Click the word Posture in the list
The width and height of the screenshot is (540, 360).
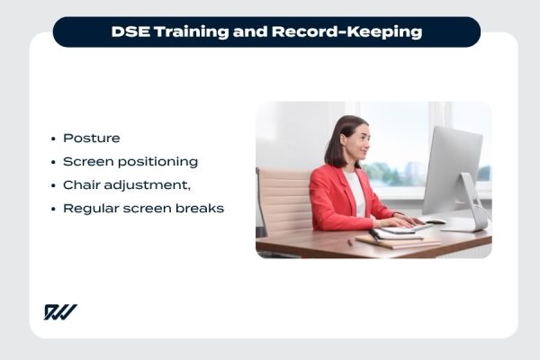coord(91,139)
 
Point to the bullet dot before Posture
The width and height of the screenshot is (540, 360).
coord(53,139)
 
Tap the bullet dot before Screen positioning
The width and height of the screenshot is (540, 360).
coord(53,162)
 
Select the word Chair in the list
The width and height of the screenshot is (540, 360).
coord(81,185)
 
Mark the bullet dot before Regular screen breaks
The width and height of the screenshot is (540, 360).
coord(53,209)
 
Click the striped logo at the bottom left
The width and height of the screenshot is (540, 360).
coord(60,312)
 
